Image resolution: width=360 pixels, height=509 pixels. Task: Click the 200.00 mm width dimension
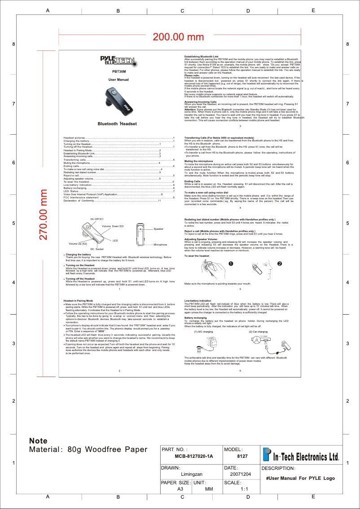point(178,37)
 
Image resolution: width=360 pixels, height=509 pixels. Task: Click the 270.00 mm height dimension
point(45,214)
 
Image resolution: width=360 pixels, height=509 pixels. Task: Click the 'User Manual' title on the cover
point(119,79)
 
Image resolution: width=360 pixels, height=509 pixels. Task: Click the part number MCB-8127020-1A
point(194,456)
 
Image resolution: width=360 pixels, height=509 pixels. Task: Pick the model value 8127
point(242,456)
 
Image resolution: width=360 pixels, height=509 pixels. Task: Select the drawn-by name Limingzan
point(192,474)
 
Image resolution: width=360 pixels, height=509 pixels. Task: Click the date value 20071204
point(241,474)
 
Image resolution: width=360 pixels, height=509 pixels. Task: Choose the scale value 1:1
point(245,489)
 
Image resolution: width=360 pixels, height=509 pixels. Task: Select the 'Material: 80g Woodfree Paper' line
point(88,449)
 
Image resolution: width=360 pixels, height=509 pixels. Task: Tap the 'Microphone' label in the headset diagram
point(160,245)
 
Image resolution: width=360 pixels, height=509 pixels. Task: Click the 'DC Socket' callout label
point(97,249)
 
